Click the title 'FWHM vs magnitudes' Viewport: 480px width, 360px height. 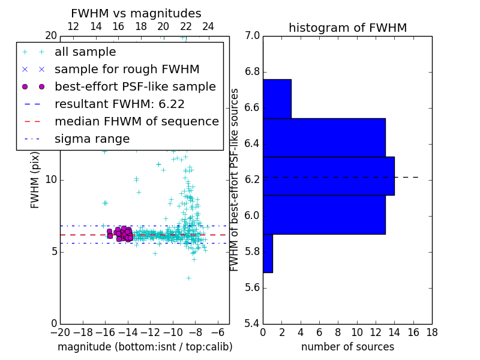pyautogui.click(x=136, y=13)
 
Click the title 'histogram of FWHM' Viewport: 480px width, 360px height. pyautogui.click(x=347, y=28)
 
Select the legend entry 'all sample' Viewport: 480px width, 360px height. pyautogui.click(x=85, y=52)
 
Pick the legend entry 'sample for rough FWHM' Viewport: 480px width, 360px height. pyautogui.click(x=127, y=69)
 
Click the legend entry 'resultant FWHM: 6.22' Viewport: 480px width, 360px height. pyautogui.click(x=119, y=104)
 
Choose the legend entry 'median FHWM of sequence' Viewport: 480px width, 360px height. pyautogui.click(x=136, y=121)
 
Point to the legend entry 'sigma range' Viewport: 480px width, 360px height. pyautogui.click(x=92, y=139)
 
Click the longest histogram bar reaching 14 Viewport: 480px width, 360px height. pyautogui.click(x=328, y=176)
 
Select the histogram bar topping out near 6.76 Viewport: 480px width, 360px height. pyautogui.click(x=277, y=98)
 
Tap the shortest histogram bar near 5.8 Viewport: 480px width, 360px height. pyautogui.click(x=268, y=253)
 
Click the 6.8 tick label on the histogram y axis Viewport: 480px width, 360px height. pyautogui.click(x=252, y=72)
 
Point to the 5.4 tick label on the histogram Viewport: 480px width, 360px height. pyautogui.click(x=252, y=323)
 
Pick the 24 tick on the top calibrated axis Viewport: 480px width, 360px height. pyautogui.click(x=208, y=26)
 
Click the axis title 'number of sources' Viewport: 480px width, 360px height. pyautogui.click(x=347, y=347)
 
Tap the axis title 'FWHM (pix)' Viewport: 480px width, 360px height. pyautogui.click(x=35, y=180)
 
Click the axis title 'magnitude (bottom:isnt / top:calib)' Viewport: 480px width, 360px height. pyautogui.click(x=145, y=347)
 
